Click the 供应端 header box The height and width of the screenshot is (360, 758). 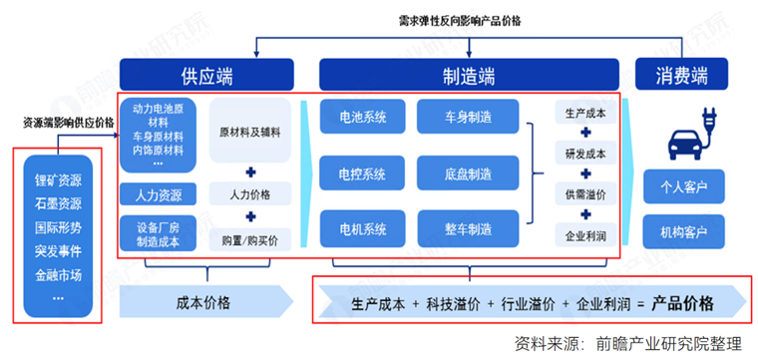pyautogui.click(x=207, y=74)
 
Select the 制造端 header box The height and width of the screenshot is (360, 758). pyautogui.click(x=472, y=74)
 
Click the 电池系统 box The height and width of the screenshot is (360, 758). pyautogui.click(x=360, y=118)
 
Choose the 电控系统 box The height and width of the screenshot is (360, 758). pyautogui.click(x=360, y=175)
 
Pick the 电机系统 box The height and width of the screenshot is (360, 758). pyautogui.click(x=360, y=230)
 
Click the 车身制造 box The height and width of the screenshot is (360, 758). pyautogui.click(x=468, y=118)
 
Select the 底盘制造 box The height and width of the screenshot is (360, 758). pyautogui.click(x=468, y=175)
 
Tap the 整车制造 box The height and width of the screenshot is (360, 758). pyautogui.click(x=468, y=230)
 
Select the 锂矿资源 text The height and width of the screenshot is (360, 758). pyautogui.click(x=57, y=181)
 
